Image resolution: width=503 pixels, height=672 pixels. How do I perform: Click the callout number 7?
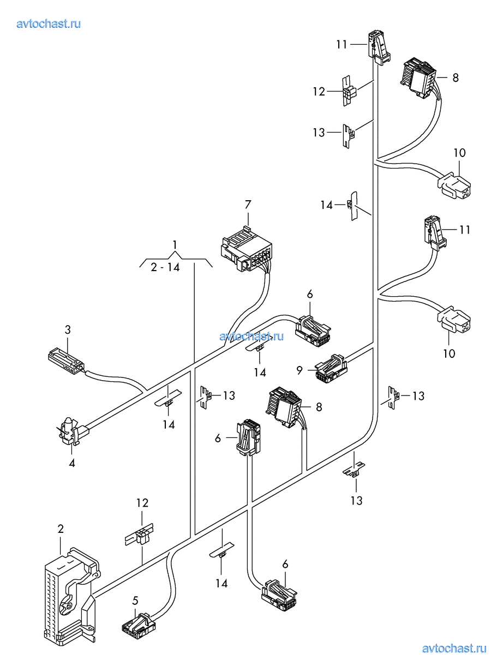(x=248, y=205)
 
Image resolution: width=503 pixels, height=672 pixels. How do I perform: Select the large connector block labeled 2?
(x=68, y=595)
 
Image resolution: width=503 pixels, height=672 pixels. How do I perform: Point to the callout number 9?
(x=300, y=370)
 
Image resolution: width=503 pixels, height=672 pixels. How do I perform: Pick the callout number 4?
(x=72, y=463)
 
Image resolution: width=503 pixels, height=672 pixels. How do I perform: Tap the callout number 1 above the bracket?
(x=175, y=244)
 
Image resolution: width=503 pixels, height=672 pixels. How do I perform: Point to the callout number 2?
(x=61, y=529)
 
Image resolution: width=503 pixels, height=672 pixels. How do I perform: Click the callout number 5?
(x=135, y=601)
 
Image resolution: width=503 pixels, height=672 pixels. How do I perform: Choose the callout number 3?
(x=68, y=329)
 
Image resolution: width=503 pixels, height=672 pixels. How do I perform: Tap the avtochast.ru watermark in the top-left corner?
(x=49, y=23)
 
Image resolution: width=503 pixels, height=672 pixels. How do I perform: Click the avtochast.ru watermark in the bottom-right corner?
(x=454, y=648)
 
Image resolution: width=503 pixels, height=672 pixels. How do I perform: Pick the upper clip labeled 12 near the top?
(x=349, y=91)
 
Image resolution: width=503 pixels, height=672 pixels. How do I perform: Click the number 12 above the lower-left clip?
(x=142, y=503)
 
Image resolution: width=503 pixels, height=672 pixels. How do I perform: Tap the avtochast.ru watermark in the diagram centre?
(x=252, y=336)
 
